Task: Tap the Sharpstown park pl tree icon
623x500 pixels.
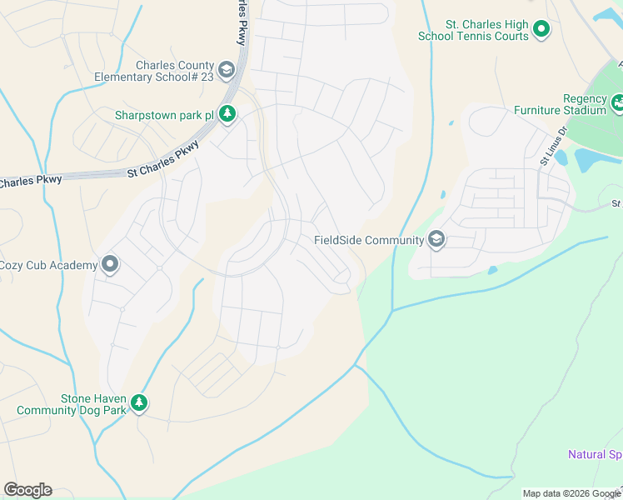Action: [227, 115]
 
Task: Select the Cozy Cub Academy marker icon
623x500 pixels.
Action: [110, 265]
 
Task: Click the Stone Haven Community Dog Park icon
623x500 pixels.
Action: [139, 404]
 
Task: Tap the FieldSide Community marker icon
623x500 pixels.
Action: [436, 240]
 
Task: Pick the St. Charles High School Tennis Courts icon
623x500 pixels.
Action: [541, 30]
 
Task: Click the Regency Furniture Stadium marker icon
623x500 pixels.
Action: [617, 103]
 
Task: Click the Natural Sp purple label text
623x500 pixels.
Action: [595, 455]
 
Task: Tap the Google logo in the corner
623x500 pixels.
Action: [27, 490]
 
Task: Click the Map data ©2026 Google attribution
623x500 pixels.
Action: [571, 493]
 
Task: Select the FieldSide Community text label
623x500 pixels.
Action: [369, 240]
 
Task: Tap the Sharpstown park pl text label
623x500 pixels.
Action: [164, 115]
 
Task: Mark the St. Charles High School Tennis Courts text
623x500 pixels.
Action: [475, 30]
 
